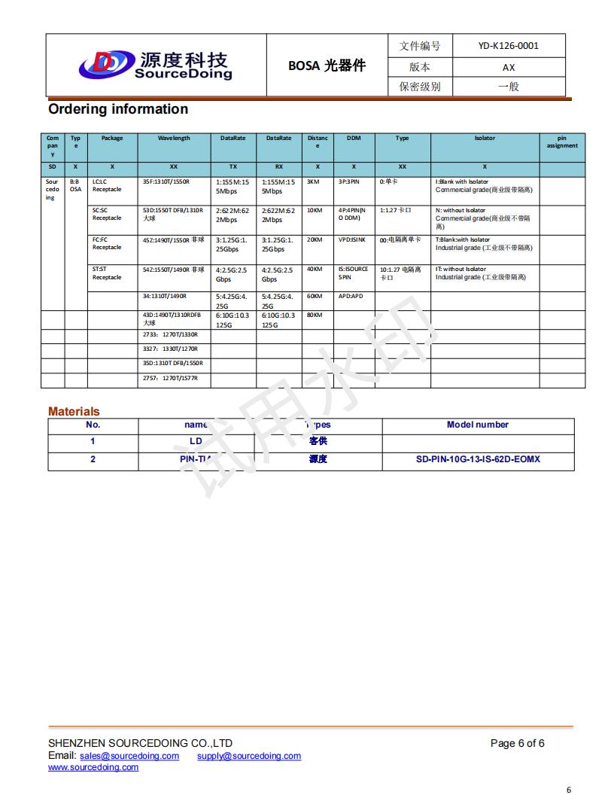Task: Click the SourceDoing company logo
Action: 157,65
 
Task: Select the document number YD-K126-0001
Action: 508,45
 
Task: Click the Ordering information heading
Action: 118,109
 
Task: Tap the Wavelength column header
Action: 174,139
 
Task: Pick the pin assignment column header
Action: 561,142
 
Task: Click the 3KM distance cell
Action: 314,182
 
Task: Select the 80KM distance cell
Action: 315,315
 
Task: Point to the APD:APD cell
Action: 351,297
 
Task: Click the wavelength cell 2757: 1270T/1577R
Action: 170,379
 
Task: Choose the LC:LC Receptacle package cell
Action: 107,186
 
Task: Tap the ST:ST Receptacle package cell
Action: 107,273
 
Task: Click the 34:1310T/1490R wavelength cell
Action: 165,297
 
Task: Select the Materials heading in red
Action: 74,412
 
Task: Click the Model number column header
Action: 478,425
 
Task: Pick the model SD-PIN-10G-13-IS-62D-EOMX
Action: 478,459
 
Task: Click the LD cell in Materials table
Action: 196,441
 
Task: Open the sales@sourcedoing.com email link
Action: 129,756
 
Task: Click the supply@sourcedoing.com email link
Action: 249,756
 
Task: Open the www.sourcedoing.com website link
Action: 93,767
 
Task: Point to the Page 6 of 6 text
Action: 517,744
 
